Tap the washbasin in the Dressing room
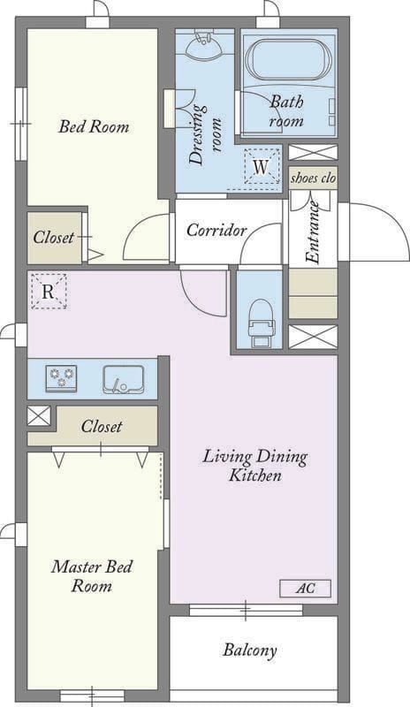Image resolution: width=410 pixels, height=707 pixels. [205, 45]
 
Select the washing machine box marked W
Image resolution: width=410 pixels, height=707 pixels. [261, 166]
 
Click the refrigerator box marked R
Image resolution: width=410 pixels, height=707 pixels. [49, 292]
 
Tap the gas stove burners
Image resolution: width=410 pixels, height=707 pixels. [61, 378]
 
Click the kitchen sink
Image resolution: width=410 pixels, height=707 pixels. [123, 379]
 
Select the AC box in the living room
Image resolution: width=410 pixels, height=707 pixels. [306, 589]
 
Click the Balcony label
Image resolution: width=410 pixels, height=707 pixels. [249, 650]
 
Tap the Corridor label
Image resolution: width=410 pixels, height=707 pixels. [216, 231]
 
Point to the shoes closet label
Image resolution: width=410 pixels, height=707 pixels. [313, 179]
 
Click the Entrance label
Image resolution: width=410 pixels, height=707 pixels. [312, 232]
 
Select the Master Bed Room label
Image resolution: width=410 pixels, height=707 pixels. [92, 576]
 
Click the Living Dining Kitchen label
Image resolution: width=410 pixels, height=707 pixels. [254, 466]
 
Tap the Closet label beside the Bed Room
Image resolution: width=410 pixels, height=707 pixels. [53, 237]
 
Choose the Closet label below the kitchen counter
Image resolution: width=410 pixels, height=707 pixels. [102, 427]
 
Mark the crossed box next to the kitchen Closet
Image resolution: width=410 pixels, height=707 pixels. [39, 415]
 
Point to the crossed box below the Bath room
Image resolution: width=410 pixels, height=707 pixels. [313, 152]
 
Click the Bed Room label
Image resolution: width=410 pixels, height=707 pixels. [94, 126]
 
